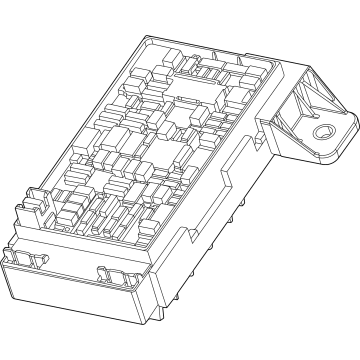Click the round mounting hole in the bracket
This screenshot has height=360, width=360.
(x=323, y=134)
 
